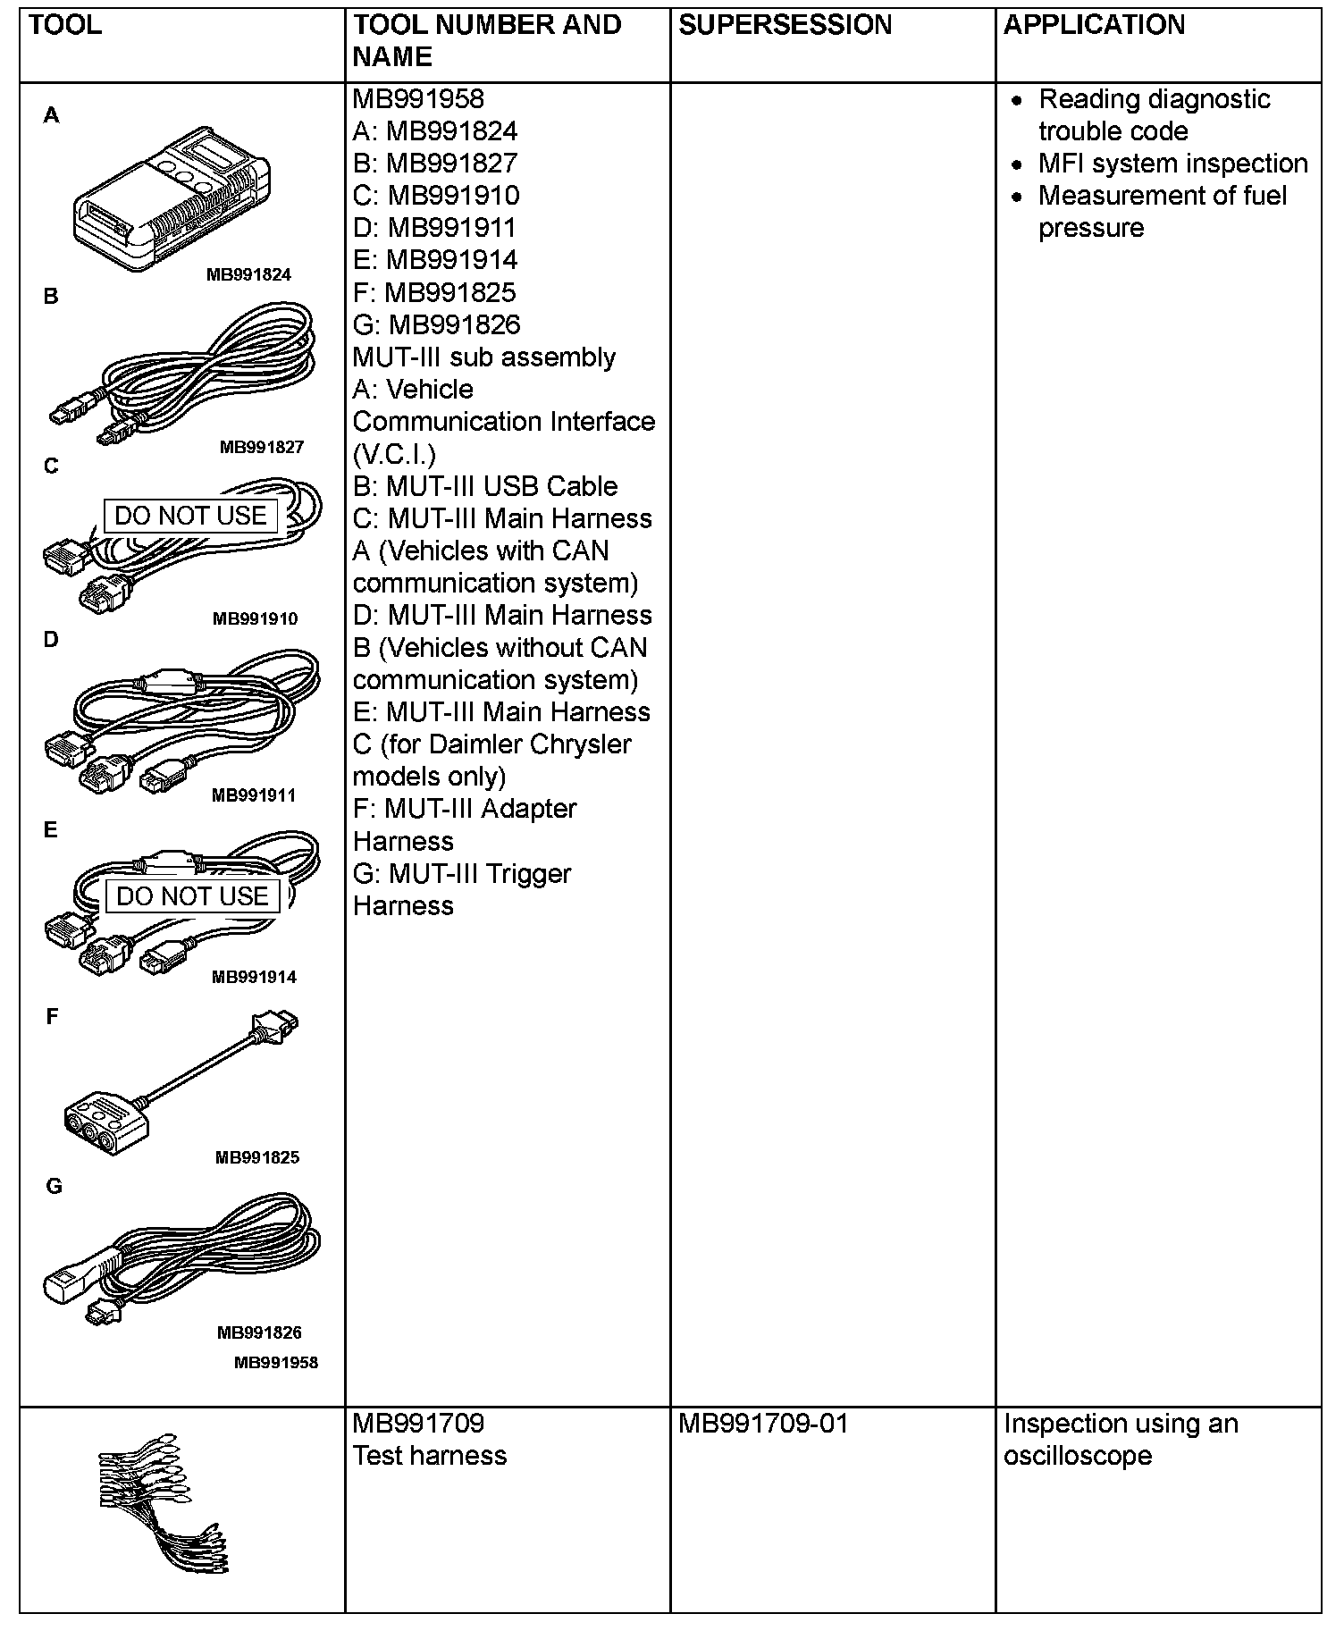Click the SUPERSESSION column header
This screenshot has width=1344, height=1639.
[785, 25]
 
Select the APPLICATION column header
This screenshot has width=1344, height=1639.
[1094, 25]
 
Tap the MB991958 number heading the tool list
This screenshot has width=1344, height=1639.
[418, 99]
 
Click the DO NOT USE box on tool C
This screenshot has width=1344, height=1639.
[190, 516]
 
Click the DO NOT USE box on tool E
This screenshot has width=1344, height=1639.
[192, 896]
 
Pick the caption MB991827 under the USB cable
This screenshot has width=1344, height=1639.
[262, 447]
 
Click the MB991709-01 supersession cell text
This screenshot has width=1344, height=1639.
[762, 1424]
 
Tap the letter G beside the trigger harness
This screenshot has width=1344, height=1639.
[54, 1186]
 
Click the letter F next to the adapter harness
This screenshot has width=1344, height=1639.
[52, 1016]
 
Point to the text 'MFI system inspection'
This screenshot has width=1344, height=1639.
[1172, 164]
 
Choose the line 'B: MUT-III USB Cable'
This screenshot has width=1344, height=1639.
[485, 486]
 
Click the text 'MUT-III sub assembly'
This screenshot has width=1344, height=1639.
[484, 357]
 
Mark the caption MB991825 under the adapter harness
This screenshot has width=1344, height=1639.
[257, 1157]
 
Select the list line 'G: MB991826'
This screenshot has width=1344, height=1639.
[436, 325]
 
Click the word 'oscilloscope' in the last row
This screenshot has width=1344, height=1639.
[1078, 1456]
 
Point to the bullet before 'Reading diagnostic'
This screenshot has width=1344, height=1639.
[1017, 100]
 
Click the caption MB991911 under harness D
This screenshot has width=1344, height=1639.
[254, 794]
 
